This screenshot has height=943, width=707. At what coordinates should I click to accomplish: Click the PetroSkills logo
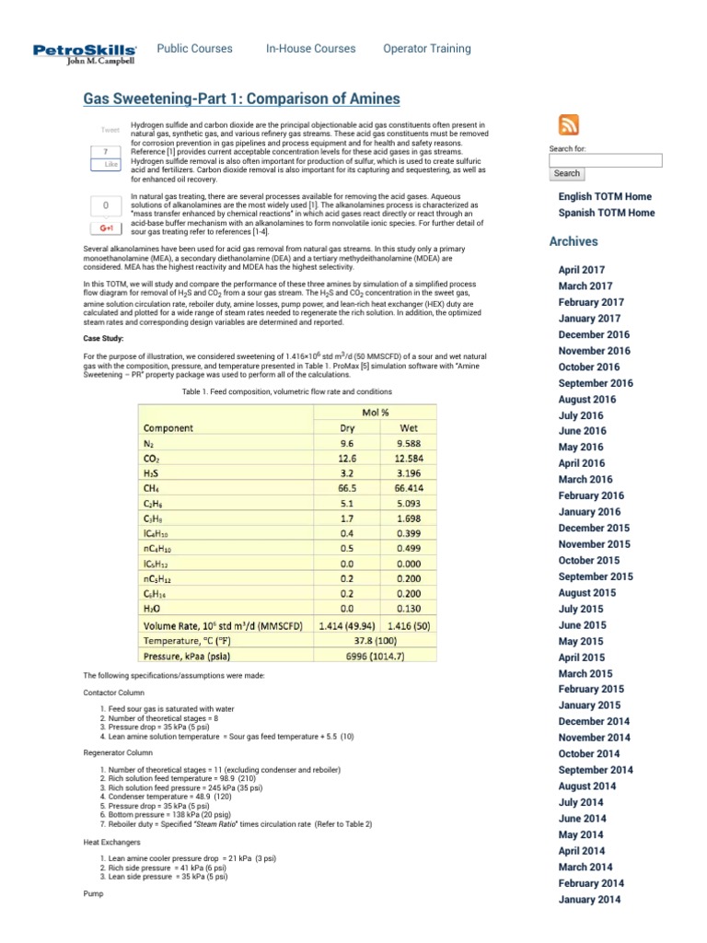[86, 54]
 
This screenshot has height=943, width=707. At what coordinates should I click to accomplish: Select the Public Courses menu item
[194, 49]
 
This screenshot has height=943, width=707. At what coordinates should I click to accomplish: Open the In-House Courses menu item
[310, 49]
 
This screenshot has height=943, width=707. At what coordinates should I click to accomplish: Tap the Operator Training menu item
[426, 49]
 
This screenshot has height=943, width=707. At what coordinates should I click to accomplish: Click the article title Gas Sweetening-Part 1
[242, 99]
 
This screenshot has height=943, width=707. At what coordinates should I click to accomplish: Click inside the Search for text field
[605, 160]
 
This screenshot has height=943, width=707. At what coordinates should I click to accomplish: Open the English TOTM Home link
[605, 196]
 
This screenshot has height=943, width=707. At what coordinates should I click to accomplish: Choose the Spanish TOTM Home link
[607, 213]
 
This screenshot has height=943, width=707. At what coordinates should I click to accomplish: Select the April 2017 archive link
[582, 270]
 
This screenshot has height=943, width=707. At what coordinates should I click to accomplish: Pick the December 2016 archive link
[594, 335]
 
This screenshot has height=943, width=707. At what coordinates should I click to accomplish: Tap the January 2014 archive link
[589, 900]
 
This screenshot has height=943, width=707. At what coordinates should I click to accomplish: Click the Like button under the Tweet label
[110, 164]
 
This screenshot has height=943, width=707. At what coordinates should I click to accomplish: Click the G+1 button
[107, 227]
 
